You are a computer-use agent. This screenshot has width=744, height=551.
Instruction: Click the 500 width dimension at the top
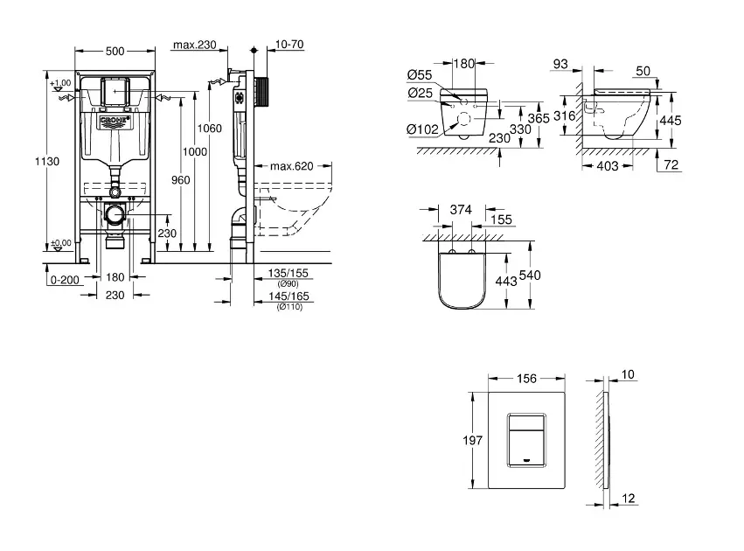coord(115,51)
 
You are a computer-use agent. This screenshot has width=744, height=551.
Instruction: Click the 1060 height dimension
coord(210,129)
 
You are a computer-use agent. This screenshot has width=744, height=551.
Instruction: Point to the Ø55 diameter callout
coord(421,76)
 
